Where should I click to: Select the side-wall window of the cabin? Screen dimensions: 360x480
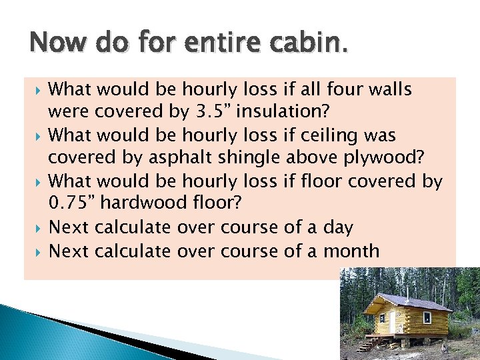[x=427, y=318]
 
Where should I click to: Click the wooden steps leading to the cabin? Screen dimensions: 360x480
[x=369, y=344]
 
